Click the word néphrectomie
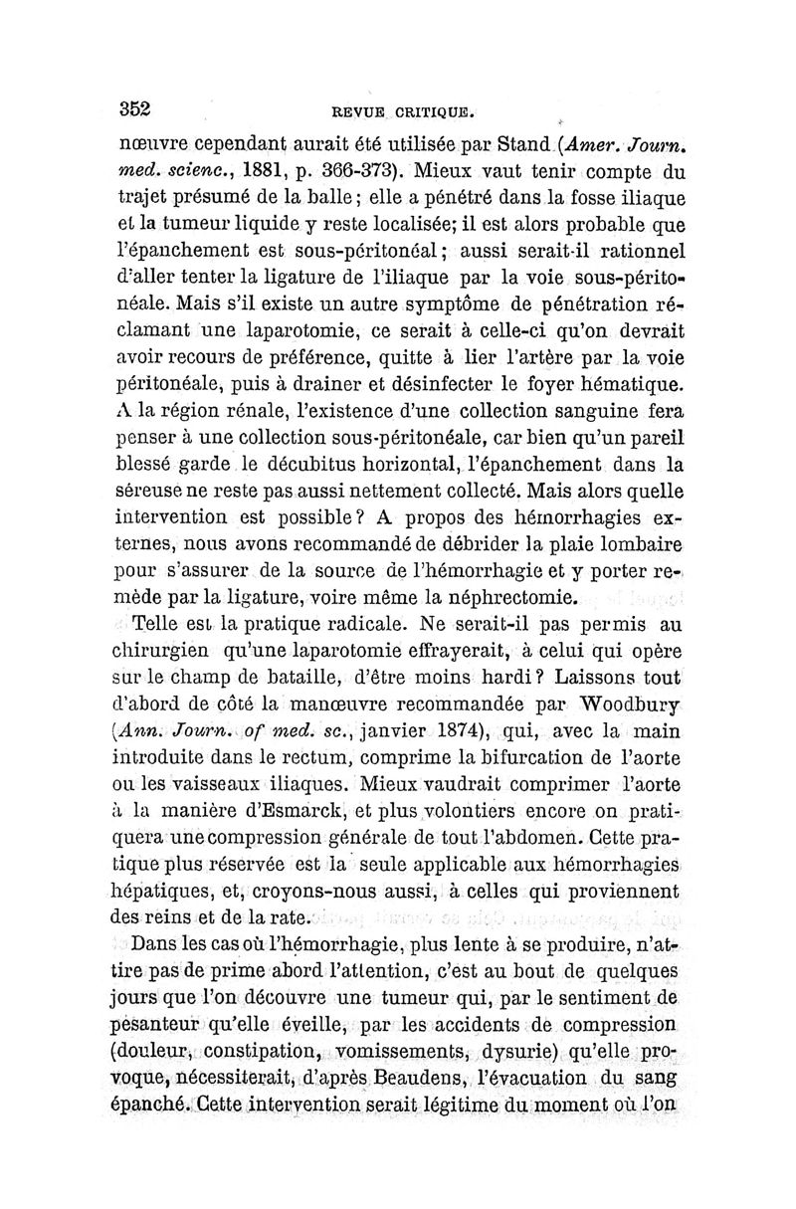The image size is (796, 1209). [512, 599]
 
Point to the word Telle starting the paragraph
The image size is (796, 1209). [158, 627]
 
